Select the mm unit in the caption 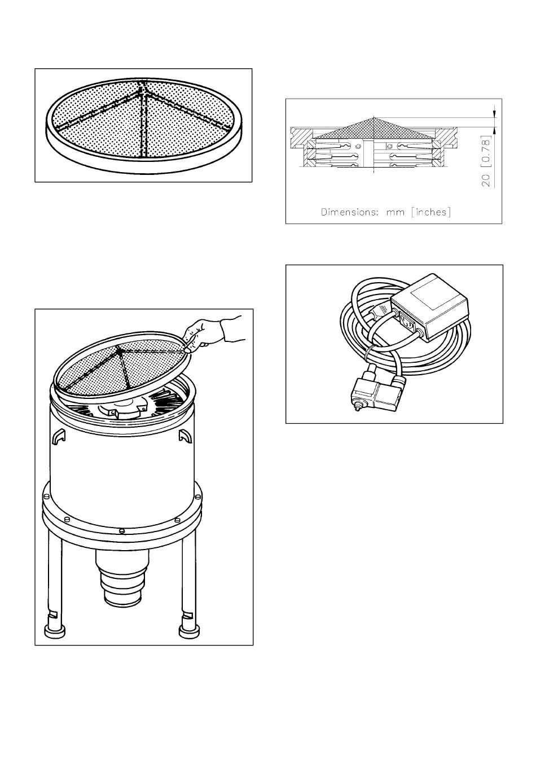395,213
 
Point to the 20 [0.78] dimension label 486,161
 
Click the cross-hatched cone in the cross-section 374,129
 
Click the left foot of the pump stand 55,632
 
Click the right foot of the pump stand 190,632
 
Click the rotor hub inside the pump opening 121,410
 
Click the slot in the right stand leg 188,615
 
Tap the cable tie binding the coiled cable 368,352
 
